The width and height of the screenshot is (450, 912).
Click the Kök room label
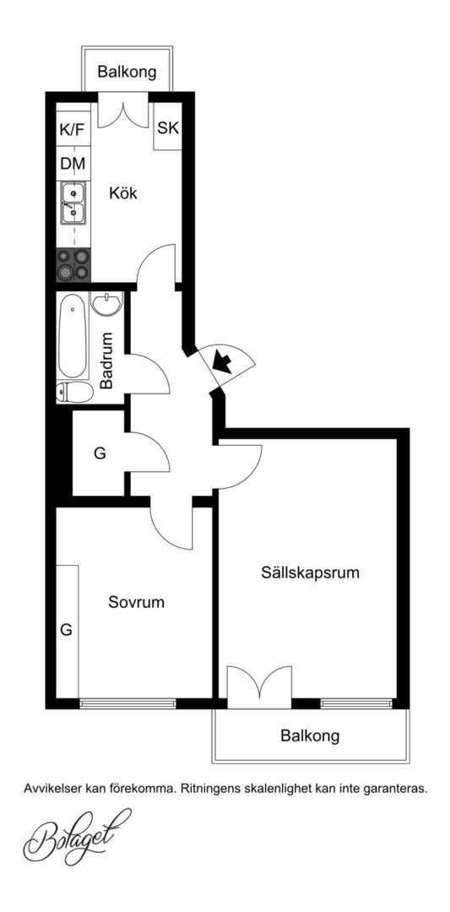pyautogui.click(x=123, y=193)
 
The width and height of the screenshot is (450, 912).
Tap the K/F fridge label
pyautogui.click(x=72, y=130)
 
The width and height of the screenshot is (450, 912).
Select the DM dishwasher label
pyautogui.click(x=73, y=164)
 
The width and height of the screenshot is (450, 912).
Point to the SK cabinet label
pyautogui.click(x=168, y=128)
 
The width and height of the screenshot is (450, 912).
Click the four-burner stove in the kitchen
pyautogui.click(x=73, y=264)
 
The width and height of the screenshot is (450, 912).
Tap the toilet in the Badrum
pyautogui.click(x=74, y=393)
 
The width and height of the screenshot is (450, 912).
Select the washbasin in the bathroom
pyautogui.click(x=106, y=304)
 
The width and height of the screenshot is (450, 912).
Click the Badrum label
pyautogui.click(x=106, y=360)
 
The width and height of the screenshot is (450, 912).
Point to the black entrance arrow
pyautogui.click(x=223, y=361)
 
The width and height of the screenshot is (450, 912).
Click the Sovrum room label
pyautogui.click(x=136, y=602)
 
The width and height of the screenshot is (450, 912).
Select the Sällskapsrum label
pyautogui.click(x=310, y=573)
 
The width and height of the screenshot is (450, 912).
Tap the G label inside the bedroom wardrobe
pyautogui.click(x=67, y=629)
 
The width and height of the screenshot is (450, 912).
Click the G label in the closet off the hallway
pyautogui.click(x=100, y=453)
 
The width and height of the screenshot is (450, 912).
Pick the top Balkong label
pyautogui.click(x=127, y=72)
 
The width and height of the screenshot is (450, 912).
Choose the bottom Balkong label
pyautogui.click(x=310, y=736)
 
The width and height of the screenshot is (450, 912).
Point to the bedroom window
pyautogui.click(x=127, y=703)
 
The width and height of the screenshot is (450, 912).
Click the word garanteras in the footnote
pyautogui.click(x=397, y=790)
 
